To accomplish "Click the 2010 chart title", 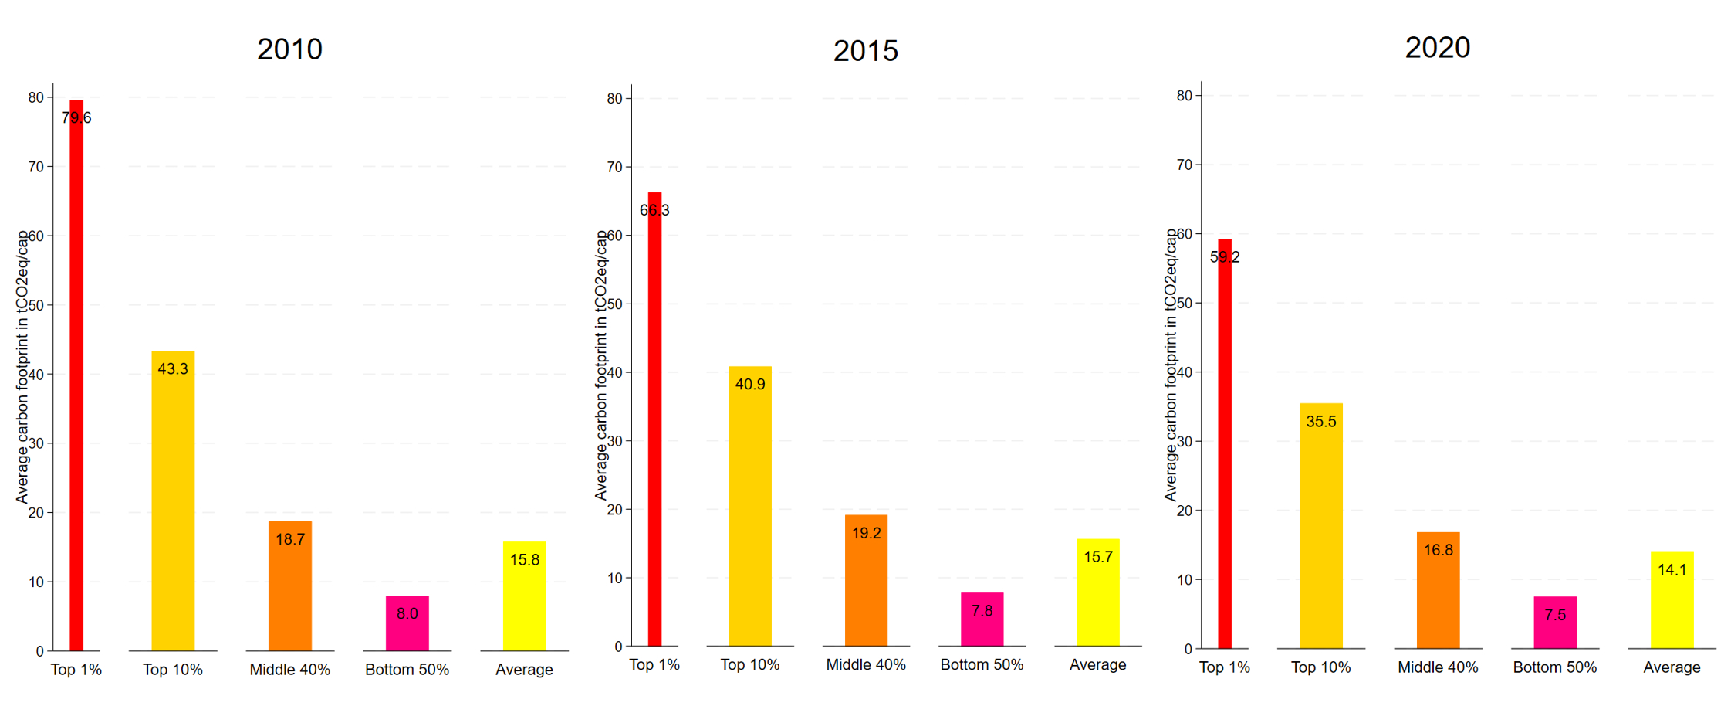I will (289, 49).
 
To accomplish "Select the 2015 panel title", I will (865, 51).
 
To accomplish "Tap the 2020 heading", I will (1437, 48).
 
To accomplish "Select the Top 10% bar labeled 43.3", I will (173, 502).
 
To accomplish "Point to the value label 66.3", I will (654, 210).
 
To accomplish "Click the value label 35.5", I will (1320, 422).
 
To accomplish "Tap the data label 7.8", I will (982, 611).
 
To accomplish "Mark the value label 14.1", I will (1672, 570).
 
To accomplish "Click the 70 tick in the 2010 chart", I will (36, 167).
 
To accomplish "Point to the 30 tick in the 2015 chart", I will (614, 441).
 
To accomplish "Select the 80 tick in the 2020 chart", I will (1184, 96).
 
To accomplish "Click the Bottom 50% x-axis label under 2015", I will (982, 664).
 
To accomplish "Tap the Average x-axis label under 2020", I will (1672, 667).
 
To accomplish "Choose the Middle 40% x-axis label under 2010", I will (289, 670).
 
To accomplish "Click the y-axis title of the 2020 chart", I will (1171, 365).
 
